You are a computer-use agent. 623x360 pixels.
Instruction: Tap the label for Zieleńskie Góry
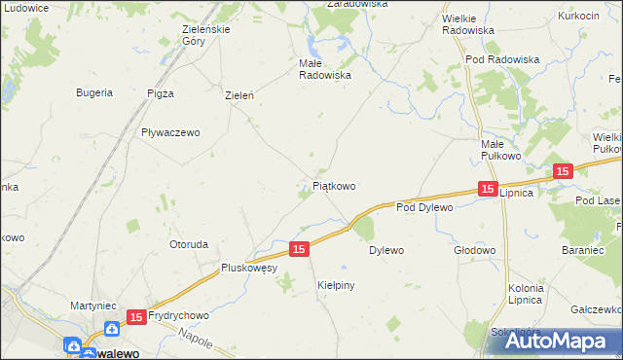[206, 36]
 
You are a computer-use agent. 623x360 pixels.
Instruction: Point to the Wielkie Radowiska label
[467, 24]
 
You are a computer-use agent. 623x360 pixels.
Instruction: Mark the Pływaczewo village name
[170, 132]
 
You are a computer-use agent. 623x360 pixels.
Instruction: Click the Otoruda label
[189, 244]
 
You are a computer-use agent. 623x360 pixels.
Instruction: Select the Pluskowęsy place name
[250, 268]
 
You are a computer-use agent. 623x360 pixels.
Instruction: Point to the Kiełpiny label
[337, 285]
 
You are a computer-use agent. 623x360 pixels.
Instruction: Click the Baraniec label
[583, 250]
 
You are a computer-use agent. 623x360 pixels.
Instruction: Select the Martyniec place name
[94, 306]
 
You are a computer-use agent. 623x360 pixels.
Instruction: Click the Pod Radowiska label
[502, 59]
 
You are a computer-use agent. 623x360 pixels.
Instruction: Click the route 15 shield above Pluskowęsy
[300, 250]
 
